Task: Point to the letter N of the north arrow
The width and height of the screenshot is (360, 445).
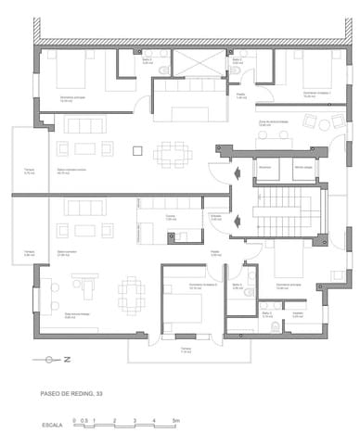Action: point(66,360)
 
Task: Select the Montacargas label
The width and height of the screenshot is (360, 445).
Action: point(302,166)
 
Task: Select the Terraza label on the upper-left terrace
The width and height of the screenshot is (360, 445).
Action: point(29,170)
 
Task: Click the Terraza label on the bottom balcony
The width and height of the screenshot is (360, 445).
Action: point(186,350)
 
